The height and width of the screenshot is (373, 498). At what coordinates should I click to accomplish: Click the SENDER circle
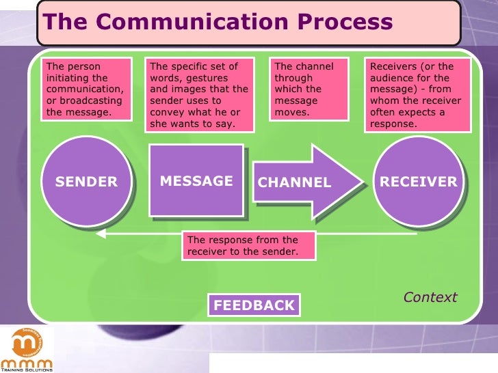[86, 182]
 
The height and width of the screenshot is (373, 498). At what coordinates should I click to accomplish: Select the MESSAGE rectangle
[196, 181]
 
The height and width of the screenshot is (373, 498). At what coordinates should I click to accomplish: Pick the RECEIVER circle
[418, 182]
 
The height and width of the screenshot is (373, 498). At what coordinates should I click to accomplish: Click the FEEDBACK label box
[254, 305]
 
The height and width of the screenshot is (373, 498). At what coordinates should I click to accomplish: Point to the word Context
[430, 297]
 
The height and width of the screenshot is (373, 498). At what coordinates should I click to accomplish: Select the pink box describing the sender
[86, 89]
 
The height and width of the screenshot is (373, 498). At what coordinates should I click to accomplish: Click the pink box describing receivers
[419, 95]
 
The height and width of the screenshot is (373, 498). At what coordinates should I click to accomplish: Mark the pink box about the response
[249, 246]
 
